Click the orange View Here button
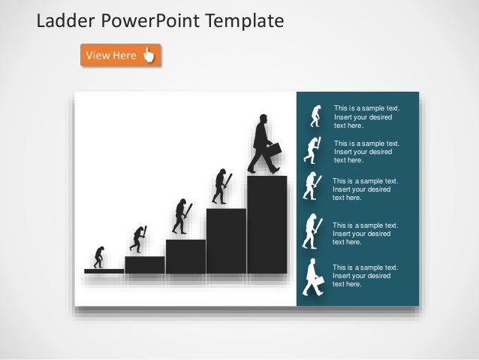[120, 55]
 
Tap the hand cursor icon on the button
[149, 55]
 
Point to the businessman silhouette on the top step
[262, 143]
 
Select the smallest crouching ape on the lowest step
[98, 256]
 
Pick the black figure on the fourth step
[221, 186]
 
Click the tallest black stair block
[267, 225]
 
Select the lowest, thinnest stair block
[104, 271]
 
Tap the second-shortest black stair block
[144, 265]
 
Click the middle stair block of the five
[185, 256]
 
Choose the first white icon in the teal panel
[316, 116]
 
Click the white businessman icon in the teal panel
[313, 277]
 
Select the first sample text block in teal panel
[366, 117]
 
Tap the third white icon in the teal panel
[310, 186]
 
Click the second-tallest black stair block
[226, 241]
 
